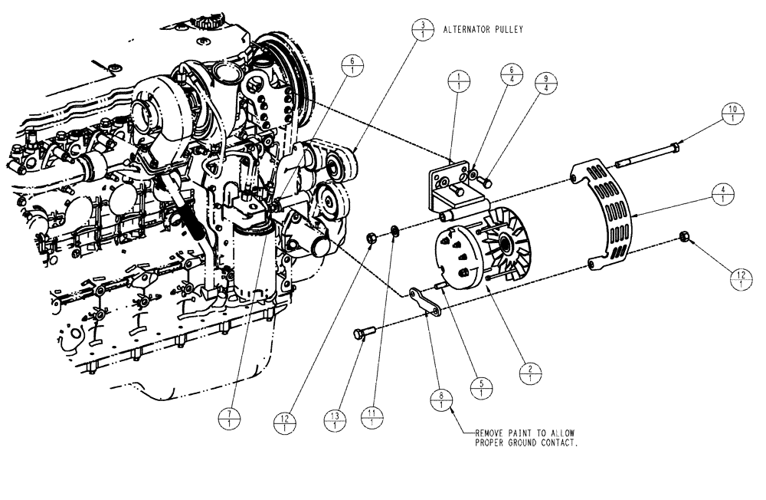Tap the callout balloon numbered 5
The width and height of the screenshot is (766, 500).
click(x=481, y=388)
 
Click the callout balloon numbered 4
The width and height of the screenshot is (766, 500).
click(x=719, y=192)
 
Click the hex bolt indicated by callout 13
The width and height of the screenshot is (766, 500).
click(x=362, y=334)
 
